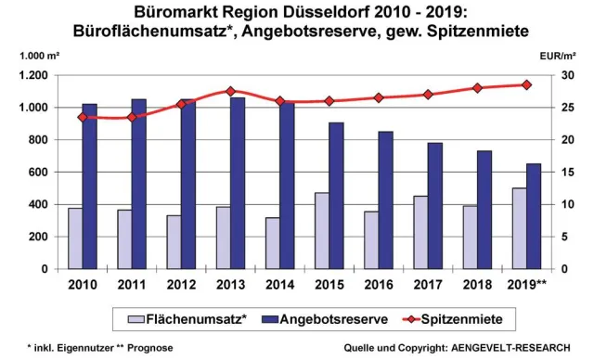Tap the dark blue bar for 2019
coord(534,216)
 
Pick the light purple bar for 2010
coord(75,238)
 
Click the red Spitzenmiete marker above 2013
coord(230,91)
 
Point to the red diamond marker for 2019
coord(526,84)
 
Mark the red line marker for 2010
coord(83,117)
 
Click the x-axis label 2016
coord(379,285)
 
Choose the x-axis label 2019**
coord(527,285)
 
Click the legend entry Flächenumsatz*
coord(195,319)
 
